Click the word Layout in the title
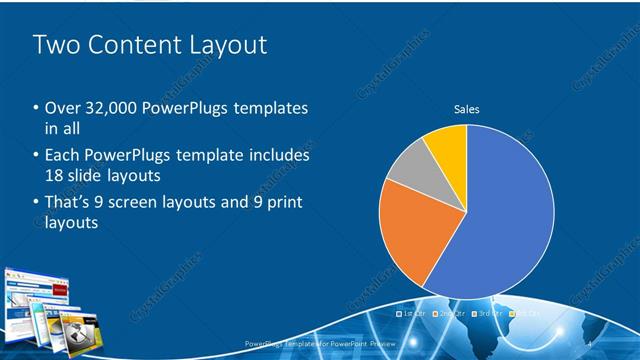(219, 45)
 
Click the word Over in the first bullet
(60, 108)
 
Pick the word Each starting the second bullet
(62, 155)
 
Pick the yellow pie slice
(447, 150)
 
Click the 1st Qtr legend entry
(413, 314)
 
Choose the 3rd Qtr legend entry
(486, 314)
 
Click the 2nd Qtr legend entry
(450, 314)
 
